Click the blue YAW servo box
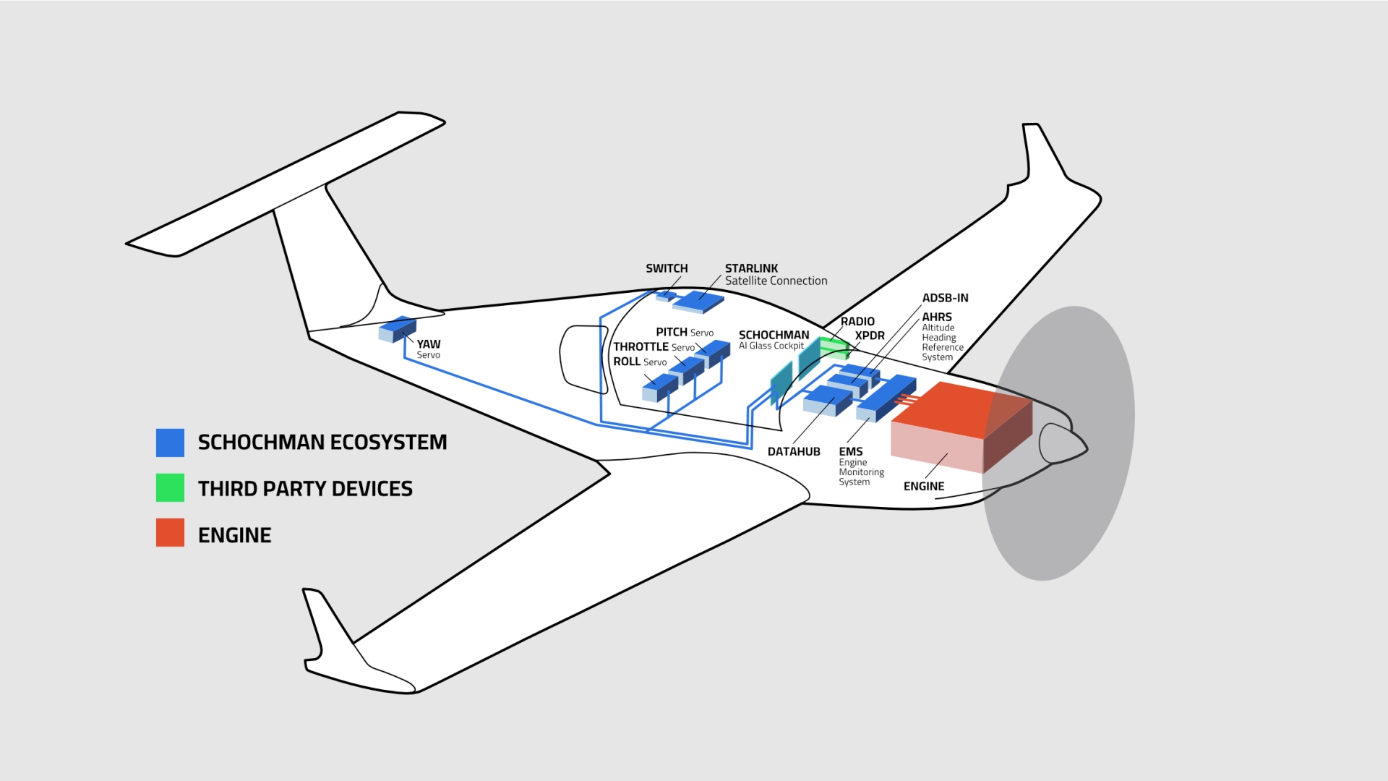point(397,329)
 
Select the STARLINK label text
point(751,268)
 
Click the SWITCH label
point(667,268)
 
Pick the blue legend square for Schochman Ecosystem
point(170,443)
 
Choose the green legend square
point(170,488)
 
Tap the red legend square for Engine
point(170,533)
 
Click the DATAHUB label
point(794,452)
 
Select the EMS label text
point(851,452)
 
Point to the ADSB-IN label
point(945,298)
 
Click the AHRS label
point(937,317)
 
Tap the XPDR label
point(870,336)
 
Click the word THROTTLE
point(641,347)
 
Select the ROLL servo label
point(627,362)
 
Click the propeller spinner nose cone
point(1062,443)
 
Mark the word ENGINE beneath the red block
point(924,487)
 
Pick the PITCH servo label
point(672,333)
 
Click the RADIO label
point(857,322)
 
